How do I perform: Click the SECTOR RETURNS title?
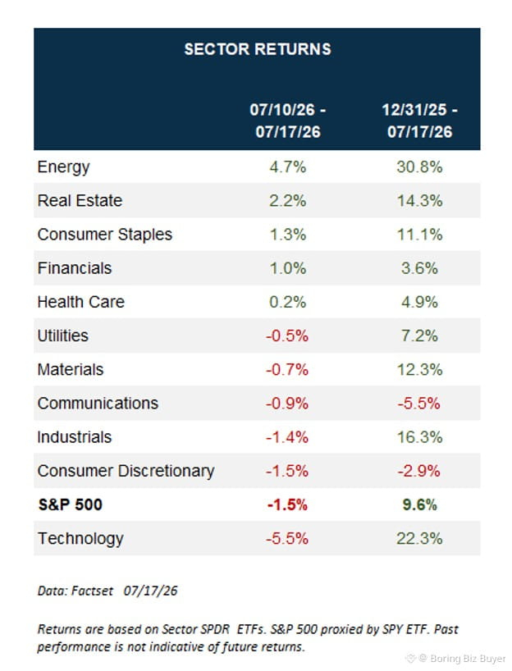(x=258, y=49)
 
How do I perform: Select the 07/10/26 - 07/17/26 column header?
(x=288, y=121)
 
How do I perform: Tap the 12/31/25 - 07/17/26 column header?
(x=419, y=121)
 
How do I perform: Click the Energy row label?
(x=63, y=167)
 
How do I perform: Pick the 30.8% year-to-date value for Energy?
(x=419, y=167)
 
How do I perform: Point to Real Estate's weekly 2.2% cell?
(x=288, y=201)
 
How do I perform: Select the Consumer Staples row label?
(x=105, y=235)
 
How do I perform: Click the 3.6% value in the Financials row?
(x=419, y=268)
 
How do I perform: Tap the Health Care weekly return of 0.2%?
(x=288, y=302)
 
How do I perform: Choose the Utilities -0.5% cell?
(x=287, y=336)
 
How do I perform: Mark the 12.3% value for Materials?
(x=419, y=370)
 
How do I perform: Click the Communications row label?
(x=98, y=404)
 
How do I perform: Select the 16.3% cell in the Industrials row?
(x=419, y=437)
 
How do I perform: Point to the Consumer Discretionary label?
(x=126, y=471)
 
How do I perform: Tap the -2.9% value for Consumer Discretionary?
(x=418, y=471)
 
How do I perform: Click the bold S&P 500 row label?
(x=71, y=504)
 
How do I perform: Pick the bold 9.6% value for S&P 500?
(x=419, y=505)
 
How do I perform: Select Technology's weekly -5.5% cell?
(x=287, y=539)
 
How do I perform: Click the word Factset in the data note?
(x=92, y=591)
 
